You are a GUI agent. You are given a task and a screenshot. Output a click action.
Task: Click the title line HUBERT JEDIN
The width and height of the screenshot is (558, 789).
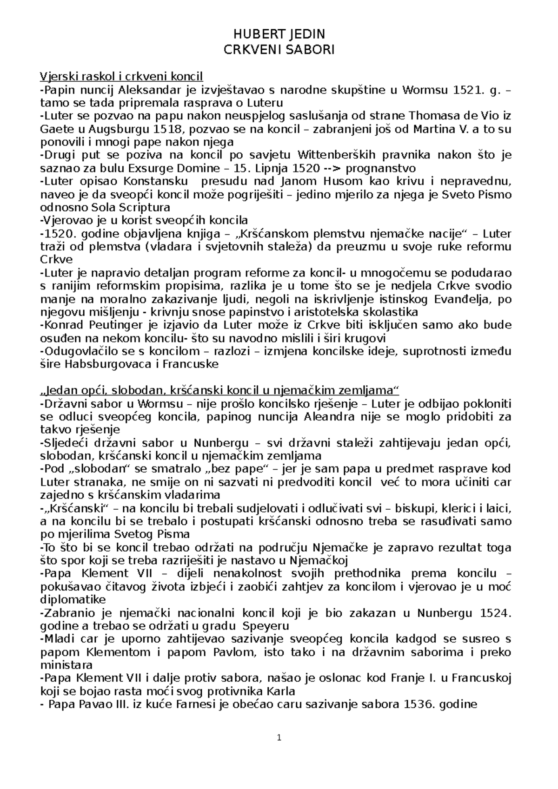point(279,34)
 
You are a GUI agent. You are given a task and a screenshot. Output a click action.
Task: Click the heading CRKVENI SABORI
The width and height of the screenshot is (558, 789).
point(279,50)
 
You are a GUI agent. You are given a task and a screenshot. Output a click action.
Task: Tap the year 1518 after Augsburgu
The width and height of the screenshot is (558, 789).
point(168,129)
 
